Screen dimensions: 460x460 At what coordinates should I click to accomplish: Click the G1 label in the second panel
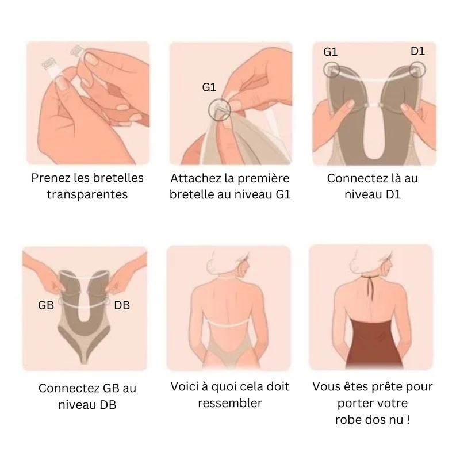209,87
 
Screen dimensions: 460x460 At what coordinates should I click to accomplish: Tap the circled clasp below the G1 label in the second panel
220,110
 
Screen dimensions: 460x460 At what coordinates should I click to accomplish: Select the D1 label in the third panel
418,51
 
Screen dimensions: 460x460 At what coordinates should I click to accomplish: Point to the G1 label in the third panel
330,52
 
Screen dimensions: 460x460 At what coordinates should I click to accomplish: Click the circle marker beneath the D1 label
417,70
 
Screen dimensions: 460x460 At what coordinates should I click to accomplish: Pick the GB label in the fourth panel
46,305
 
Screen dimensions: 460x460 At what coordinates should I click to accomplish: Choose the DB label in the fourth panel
122,305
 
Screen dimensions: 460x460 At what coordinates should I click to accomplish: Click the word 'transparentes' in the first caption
87,194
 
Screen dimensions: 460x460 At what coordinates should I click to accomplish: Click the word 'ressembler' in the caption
229,403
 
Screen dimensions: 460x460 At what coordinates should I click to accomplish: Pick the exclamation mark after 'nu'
408,420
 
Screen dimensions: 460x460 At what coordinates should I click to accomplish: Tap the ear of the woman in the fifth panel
243,268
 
